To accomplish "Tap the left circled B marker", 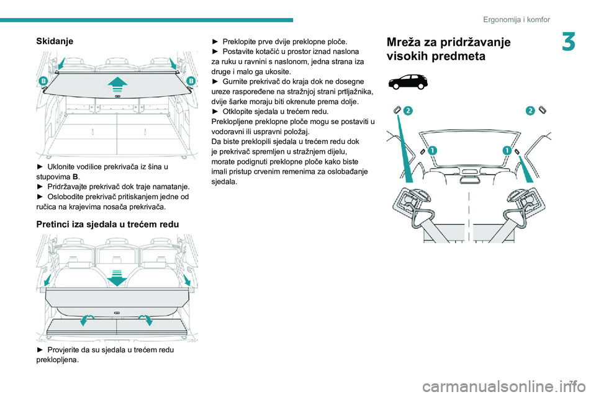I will [44, 81].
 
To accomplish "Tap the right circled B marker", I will [191, 81].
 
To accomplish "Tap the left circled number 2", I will [408, 110].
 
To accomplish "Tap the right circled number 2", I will [530, 110].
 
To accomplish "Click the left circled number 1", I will [431, 150].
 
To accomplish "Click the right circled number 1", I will [507, 150].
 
